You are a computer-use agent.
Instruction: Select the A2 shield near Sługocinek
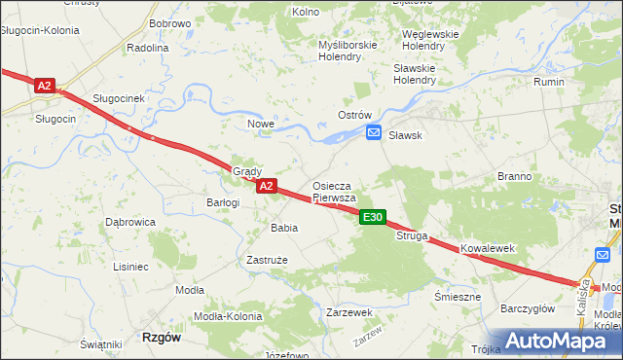44,86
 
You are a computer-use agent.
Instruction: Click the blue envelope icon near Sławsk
373,136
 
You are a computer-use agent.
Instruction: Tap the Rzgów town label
162,337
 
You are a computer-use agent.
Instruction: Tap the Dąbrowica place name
130,222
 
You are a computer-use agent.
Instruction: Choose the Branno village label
514,176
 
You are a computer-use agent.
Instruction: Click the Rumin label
549,83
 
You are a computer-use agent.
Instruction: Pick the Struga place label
412,235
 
